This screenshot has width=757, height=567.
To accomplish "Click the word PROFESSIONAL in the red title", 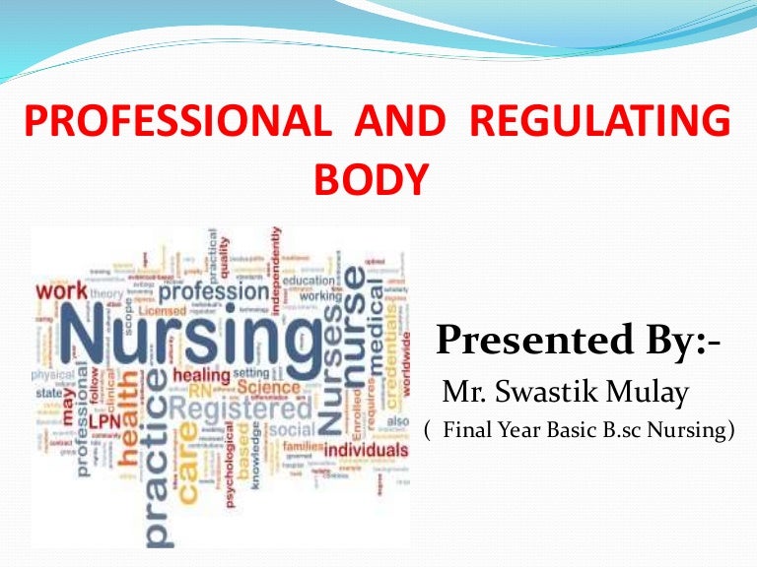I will tap(175, 123).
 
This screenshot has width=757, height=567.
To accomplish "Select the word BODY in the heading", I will tap(372, 180).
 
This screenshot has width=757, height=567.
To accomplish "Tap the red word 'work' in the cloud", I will tap(61, 292).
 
